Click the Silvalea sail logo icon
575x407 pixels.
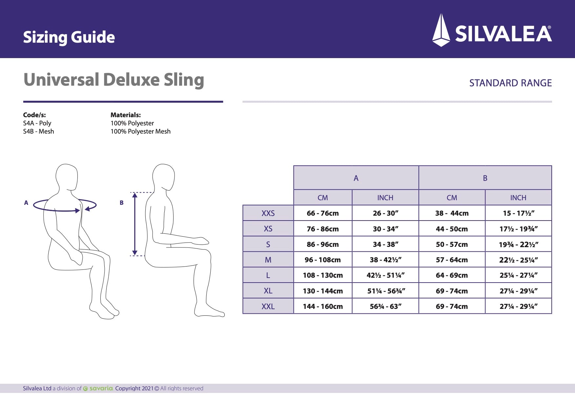pyautogui.click(x=441, y=30)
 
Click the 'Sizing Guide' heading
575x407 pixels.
pyautogui.click(x=69, y=37)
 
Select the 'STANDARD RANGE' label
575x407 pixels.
pyautogui.click(x=510, y=83)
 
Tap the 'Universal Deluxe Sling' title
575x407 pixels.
pyautogui.click(x=113, y=80)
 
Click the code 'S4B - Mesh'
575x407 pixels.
pyautogui.click(x=38, y=131)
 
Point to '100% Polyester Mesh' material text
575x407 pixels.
pyautogui.click(x=140, y=131)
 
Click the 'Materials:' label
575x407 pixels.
pyautogui.click(x=125, y=115)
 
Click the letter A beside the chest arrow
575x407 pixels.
pyautogui.click(x=26, y=203)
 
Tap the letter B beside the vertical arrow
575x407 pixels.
pyautogui.click(x=121, y=203)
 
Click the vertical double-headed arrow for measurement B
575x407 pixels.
pyautogui.click(x=134, y=224)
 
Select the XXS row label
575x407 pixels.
pyautogui.click(x=268, y=213)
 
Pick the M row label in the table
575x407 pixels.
pyautogui.click(x=268, y=260)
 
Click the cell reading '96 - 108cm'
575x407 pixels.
pyautogui.click(x=322, y=260)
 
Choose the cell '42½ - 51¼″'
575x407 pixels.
pyautogui.click(x=385, y=275)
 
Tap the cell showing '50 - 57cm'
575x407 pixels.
pyautogui.click(x=452, y=245)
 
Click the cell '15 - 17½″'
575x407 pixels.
pyautogui.click(x=518, y=213)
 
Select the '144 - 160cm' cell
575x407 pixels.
pyautogui.click(x=322, y=307)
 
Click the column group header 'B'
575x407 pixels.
pyautogui.click(x=485, y=178)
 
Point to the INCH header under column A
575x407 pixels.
pyautogui.click(x=385, y=198)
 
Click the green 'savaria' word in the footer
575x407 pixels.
pyautogui.click(x=101, y=389)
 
